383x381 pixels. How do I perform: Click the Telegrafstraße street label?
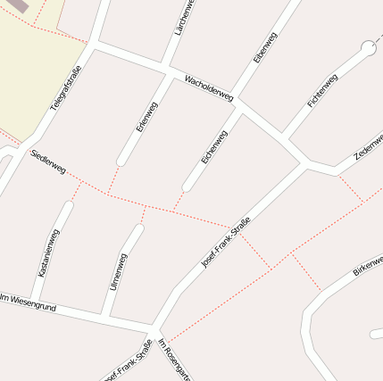(65, 87)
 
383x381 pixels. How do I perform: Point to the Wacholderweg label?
(208, 87)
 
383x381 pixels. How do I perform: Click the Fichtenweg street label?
(322, 90)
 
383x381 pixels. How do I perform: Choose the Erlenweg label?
(146, 117)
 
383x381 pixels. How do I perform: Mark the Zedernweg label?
(369, 145)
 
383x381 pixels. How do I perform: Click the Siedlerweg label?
(48, 162)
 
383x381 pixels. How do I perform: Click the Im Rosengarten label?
(174, 360)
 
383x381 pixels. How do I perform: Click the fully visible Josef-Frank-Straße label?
(226, 243)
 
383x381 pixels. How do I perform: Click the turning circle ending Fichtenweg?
(368, 47)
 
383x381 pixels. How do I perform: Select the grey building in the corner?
(18, 5)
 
